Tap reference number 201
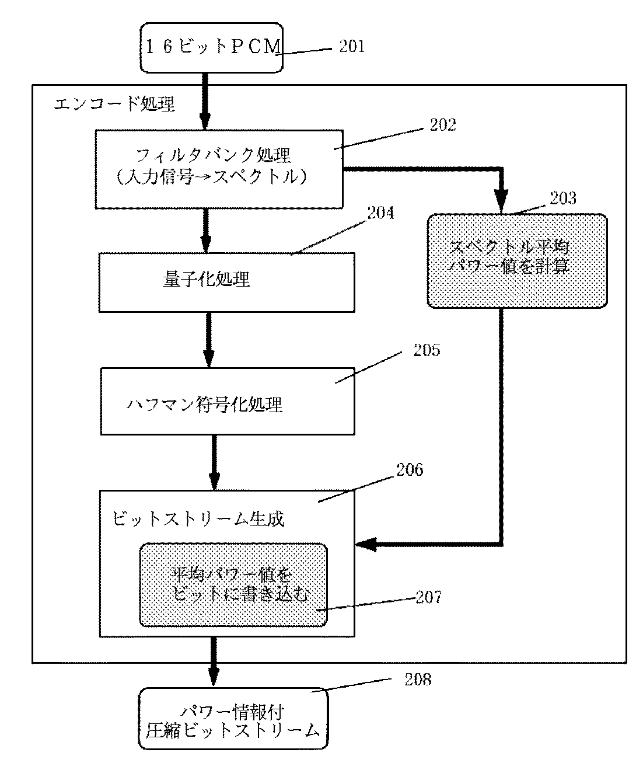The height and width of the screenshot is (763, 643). pos(352,47)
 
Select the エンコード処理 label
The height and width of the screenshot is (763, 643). pos(114,104)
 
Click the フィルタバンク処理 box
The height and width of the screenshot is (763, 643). pos(219,169)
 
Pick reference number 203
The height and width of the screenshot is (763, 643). pos(563,198)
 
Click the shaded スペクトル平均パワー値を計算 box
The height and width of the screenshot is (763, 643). pos(517,260)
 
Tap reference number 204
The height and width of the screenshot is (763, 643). pos(380,213)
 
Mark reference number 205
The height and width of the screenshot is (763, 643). pos(427,350)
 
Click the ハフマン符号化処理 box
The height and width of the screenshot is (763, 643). pos(227,401)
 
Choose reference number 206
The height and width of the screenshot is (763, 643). pos(410,469)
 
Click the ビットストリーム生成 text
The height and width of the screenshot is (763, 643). pos(198,518)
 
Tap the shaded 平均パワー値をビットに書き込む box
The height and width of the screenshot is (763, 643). pos(233,585)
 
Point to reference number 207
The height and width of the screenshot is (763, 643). pos(428,597)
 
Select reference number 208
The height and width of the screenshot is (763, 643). pos(418,680)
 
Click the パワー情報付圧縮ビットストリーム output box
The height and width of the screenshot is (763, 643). pos(232,720)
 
